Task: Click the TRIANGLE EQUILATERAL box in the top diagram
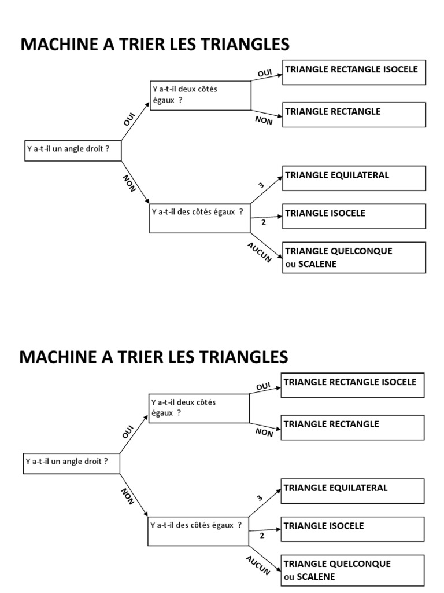tap(354, 178)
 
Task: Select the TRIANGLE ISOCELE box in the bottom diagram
tap(353, 529)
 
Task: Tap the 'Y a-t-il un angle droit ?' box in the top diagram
tap(73, 150)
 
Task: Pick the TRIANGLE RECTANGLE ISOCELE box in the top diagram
tap(354, 72)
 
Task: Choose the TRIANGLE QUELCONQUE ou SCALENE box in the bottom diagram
tap(353, 570)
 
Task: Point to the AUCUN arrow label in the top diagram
tap(260, 252)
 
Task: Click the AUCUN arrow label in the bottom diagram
tap(258, 565)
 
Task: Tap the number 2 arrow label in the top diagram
tap(263, 222)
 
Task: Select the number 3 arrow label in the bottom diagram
tap(260, 497)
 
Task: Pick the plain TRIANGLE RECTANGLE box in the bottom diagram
tap(353, 427)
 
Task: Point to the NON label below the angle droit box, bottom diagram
tap(127, 496)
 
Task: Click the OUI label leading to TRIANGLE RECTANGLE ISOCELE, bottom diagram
tap(263, 386)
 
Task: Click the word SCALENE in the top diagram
tap(317, 264)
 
